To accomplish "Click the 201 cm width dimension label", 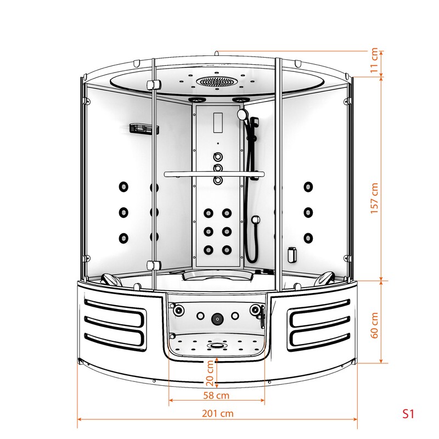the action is tap(217, 413).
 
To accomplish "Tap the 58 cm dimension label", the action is tap(216, 396).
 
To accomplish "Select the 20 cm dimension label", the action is tap(210, 374).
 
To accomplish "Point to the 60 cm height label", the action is tap(374, 325).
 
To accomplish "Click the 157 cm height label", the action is tap(374, 198).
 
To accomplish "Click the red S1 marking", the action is tap(408, 414).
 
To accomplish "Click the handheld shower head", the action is tap(241, 114).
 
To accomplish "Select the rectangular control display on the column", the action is tap(218, 122).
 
